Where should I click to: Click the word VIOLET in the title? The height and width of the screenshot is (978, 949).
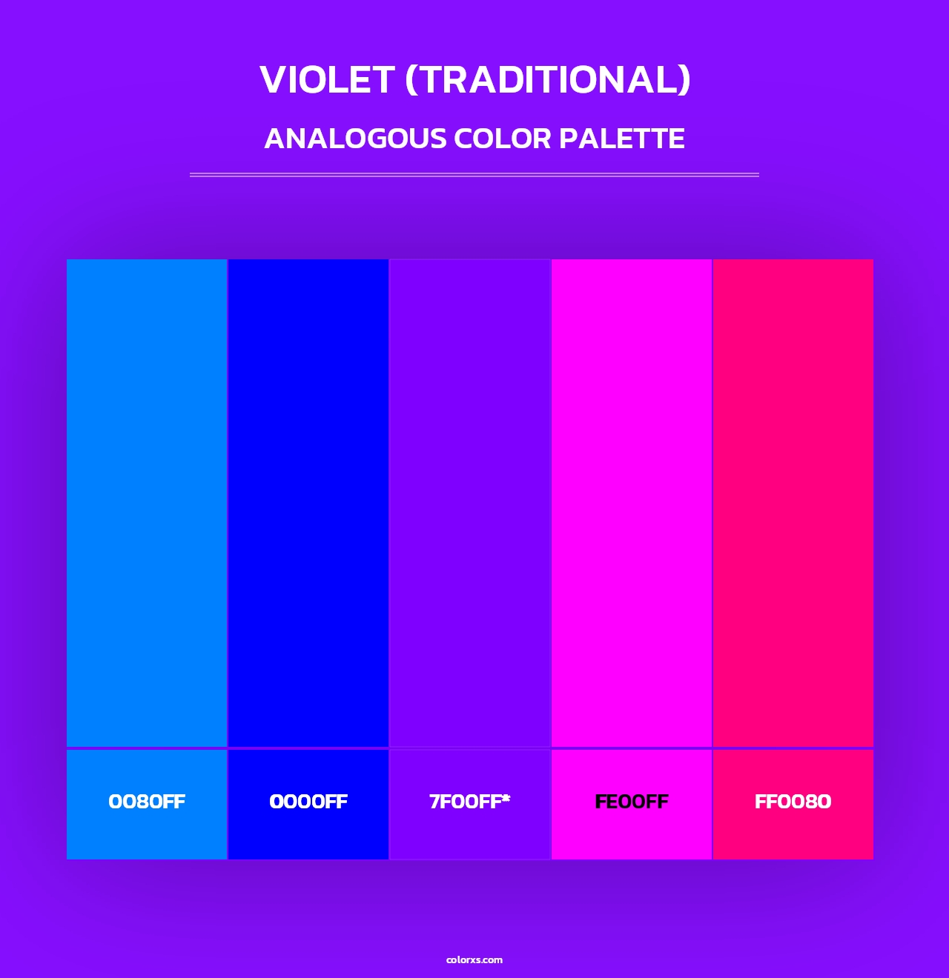(327, 79)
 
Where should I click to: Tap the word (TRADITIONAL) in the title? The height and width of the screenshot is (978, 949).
(548, 79)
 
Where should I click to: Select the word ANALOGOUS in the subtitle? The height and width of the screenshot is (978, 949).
(355, 139)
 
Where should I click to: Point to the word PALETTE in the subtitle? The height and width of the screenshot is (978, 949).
(621, 139)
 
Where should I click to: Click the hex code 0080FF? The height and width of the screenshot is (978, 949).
(147, 802)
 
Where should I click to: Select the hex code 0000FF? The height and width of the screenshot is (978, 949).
(308, 802)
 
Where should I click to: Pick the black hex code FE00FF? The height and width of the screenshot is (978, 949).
(632, 802)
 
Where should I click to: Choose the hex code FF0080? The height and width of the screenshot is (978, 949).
(793, 802)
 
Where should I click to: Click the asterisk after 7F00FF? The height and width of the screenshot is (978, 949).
(506, 798)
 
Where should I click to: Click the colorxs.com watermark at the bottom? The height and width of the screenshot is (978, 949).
(474, 959)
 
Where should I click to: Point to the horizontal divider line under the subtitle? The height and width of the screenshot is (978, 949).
(474, 175)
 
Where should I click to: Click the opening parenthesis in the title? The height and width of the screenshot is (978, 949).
(411, 80)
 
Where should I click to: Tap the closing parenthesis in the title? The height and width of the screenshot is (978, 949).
(684, 80)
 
